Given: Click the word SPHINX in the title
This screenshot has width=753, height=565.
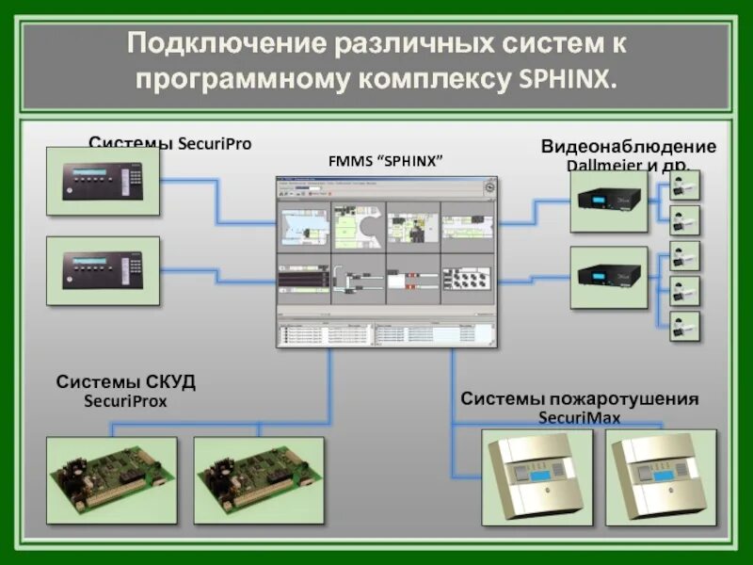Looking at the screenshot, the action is (x=569, y=79).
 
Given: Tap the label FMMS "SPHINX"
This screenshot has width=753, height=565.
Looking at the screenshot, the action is (x=385, y=160).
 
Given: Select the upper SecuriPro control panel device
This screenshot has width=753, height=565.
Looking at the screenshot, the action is (x=103, y=181).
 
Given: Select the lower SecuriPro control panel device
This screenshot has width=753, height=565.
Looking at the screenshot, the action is (x=103, y=270).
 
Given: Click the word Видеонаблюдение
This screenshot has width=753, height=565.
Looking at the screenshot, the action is (x=628, y=147).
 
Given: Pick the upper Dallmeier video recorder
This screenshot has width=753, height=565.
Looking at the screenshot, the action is (x=608, y=201).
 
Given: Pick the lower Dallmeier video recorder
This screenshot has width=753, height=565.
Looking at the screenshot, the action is (x=608, y=277).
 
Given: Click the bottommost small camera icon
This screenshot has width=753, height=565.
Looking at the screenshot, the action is (x=684, y=326).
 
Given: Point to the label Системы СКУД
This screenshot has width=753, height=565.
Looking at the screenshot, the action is (x=126, y=382).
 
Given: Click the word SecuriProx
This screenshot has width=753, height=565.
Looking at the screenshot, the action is (x=125, y=401).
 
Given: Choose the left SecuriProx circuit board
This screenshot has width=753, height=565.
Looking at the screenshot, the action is (x=111, y=479).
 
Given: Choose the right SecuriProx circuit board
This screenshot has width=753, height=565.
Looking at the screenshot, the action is (x=258, y=479).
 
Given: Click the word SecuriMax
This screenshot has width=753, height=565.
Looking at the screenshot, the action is (x=579, y=417).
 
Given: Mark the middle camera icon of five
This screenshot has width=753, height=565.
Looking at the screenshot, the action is (x=684, y=255).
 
